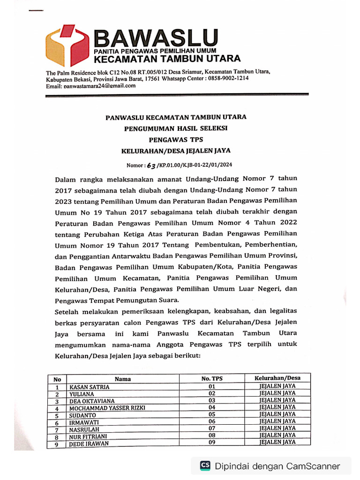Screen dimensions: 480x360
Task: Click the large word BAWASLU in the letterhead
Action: point(156,37)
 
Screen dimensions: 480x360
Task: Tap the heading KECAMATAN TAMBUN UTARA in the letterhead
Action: point(167,59)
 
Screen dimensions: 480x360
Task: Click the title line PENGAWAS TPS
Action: point(175,139)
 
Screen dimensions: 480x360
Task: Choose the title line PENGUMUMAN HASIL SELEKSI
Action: point(175,128)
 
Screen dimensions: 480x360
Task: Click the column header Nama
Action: point(123,379)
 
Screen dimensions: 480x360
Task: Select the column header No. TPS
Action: point(212,378)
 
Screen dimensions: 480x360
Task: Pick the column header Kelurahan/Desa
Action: point(277,378)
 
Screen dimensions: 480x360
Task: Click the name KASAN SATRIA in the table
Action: point(90,387)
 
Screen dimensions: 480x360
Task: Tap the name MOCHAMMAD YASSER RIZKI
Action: point(107,408)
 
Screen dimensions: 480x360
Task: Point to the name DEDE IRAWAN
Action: point(89,443)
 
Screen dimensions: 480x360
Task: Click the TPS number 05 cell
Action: point(212,414)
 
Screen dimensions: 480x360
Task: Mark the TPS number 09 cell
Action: point(212,442)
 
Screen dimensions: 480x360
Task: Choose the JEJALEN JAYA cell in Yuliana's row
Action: point(277,393)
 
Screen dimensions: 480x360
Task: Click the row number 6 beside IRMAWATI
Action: point(57,422)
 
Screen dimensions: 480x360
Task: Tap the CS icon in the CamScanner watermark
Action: point(205,465)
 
